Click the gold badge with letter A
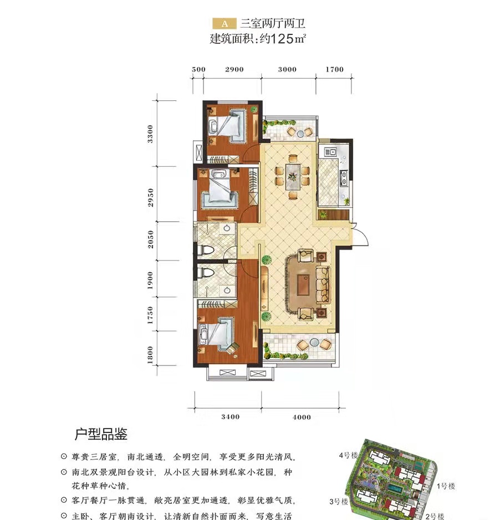224,24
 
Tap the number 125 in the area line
283,39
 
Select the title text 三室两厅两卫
272,24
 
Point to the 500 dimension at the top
198,70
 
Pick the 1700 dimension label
335,70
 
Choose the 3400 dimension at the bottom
229,417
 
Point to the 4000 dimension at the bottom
301,417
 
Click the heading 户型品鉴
101,434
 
